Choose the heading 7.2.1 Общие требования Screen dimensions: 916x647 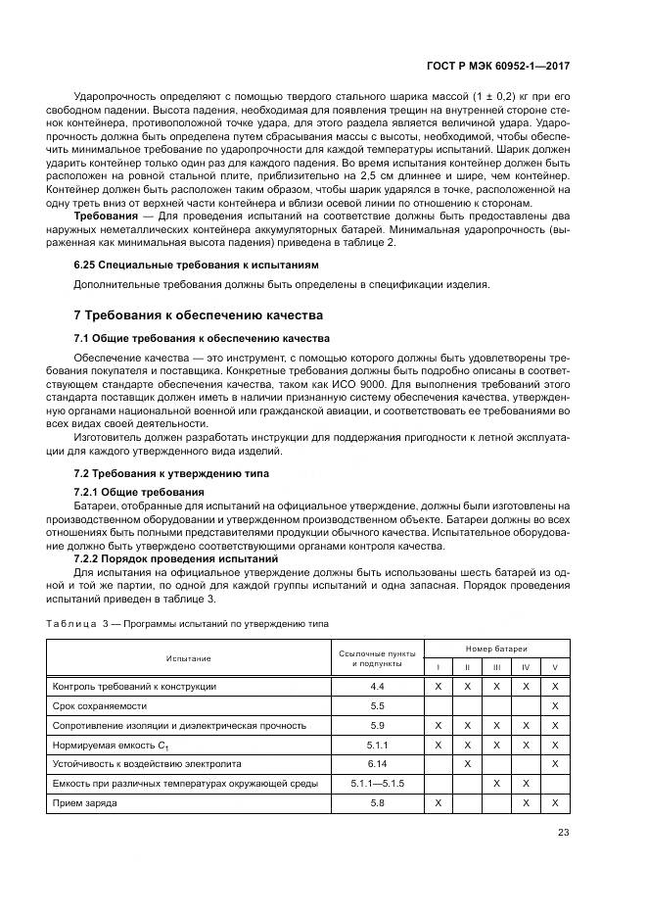pyautogui.click(x=139, y=491)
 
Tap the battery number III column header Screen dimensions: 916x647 pyautogui.click(x=496, y=667)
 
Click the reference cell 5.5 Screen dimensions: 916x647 pyautogui.click(x=377, y=705)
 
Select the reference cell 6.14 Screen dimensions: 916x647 pyautogui.click(x=377, y=763)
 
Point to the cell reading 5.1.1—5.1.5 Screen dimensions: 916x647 pyautogui.click(x=377, y=783)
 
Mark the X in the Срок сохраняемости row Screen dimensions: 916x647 pyautogui.click(x=555, y=705)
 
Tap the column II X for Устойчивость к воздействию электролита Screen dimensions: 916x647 pyautogui.click(x=468, y=763)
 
